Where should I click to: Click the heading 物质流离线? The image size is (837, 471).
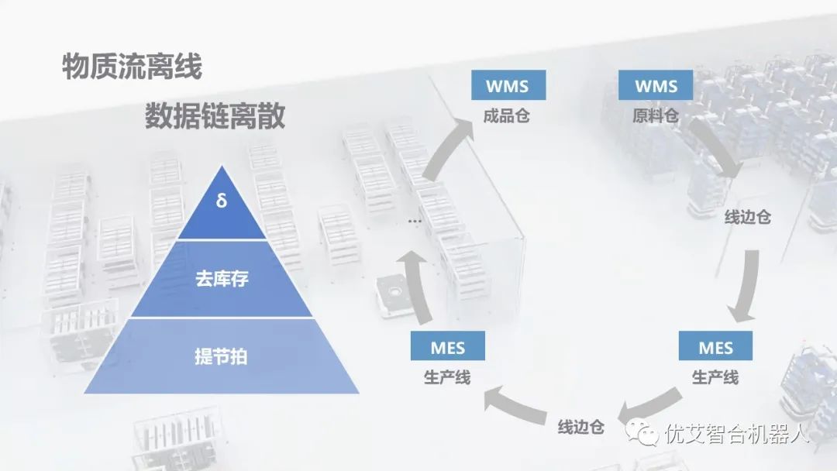coord(132,67)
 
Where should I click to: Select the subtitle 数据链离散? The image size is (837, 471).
coord(215,116)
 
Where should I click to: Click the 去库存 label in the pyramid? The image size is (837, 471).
coord(221,279)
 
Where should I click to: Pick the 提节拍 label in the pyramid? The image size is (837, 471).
coord(221,357)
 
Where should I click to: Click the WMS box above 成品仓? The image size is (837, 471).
coord(507,85)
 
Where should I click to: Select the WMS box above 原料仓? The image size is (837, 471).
coord(656,85)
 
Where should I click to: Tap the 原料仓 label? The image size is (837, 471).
coord(656,117)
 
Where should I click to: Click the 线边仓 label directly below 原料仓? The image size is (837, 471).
coord(747,217)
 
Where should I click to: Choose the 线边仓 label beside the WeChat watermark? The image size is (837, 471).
coord(580,427)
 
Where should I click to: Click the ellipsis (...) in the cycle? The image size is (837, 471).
coord(415,220)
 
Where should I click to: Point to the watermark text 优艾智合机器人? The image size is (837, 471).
coord(736,434)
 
